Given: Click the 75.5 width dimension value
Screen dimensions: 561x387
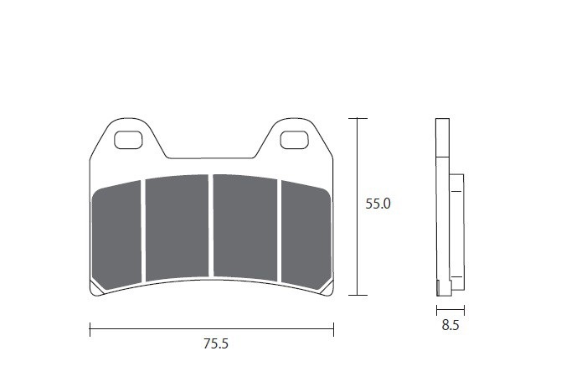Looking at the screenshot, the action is pyautogui.click(x=216, y=343).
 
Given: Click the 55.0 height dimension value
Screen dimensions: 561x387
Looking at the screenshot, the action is pyautogui.click(x=378, y=204).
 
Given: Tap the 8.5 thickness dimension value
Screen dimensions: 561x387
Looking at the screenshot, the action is pyautogui.click(x=450, y=325).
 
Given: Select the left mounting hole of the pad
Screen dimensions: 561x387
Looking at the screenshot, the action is pyautogui.click(x=128, y=140).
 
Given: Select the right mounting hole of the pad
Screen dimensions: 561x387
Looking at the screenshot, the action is pyautogui.click(x=294, y=140).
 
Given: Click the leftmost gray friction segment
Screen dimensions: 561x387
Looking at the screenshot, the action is pyautogui.click(x=116, y=235).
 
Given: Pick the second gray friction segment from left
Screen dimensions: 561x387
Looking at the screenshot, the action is pyautogui.click(x=178, y=227).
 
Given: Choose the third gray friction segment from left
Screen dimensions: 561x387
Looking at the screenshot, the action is pyautogui.click(x=245, y=227).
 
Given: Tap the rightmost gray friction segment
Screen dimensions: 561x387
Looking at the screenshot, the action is pyautogui.click(x=306, y=235).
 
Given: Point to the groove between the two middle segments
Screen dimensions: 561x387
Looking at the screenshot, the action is pyautogui.click(x=211, y=226).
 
